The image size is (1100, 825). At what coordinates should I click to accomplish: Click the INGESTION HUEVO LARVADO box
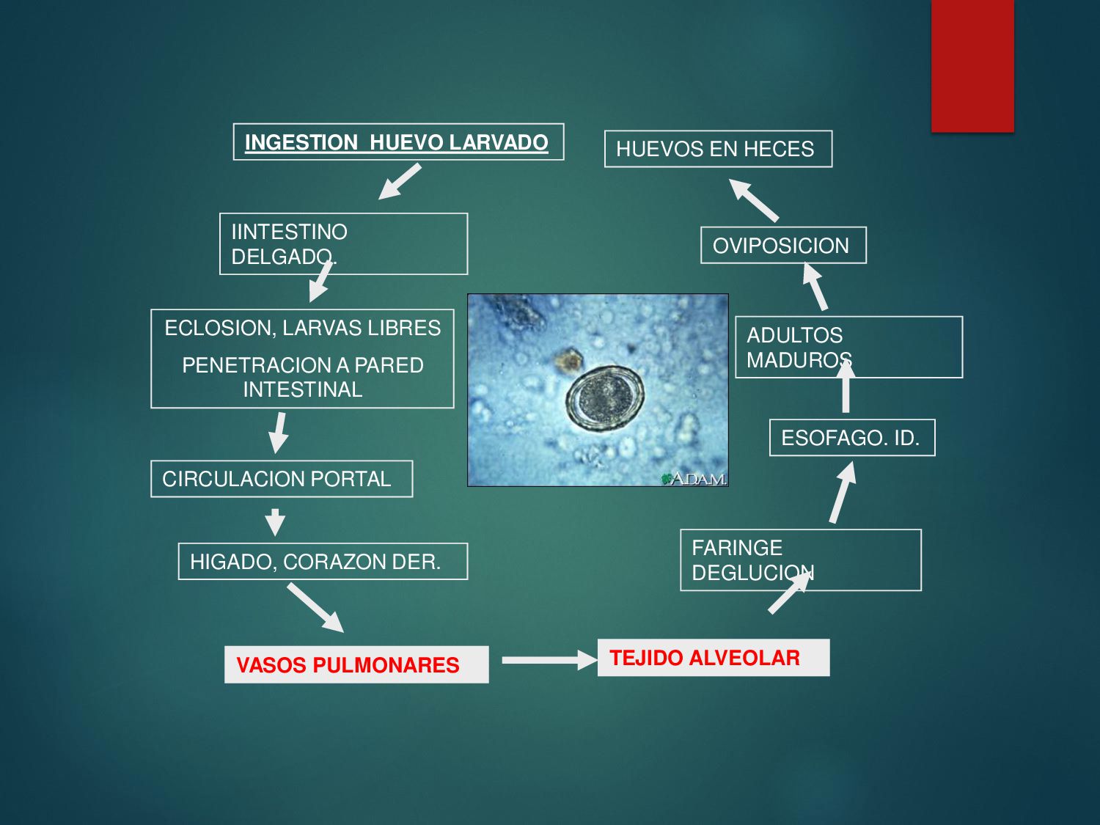pyautogui.click(x=397, y=142)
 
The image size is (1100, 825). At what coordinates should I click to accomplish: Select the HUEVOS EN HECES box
pyautogui.click(x=717, y=149)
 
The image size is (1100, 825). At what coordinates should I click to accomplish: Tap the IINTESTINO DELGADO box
pyautogui.click(x=343, y=243)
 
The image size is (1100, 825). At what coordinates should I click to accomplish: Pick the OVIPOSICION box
pyautogui.click(x=782, y=246)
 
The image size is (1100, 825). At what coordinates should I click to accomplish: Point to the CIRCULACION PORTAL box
pyautogui.click(x=281, y=479)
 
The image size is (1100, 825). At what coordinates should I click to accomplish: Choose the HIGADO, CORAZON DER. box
pyautogui.click(x=323, y=562)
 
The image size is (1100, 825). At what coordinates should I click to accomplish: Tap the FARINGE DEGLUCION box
pyautogui.click(x=800, y=560)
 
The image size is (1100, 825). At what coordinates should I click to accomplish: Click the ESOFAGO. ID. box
pyautogui.click(x=851, y=438)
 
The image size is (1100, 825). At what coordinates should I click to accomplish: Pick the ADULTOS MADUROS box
pyautogui.click(x=848, y=347)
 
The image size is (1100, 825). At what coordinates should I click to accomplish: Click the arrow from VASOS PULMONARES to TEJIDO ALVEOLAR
pyautogui.click(x=549, y=660)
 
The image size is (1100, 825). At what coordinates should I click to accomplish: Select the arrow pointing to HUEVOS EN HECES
pyautogui.click(x=753, y=199)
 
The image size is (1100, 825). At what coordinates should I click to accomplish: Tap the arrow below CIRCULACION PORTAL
pyautogui.click(x=275, y=521)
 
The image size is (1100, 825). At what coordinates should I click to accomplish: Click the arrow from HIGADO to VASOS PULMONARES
pyautogui.click(x=315, y=608)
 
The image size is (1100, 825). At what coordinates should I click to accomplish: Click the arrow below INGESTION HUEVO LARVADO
pyautogui.click(x=400, y=181)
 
